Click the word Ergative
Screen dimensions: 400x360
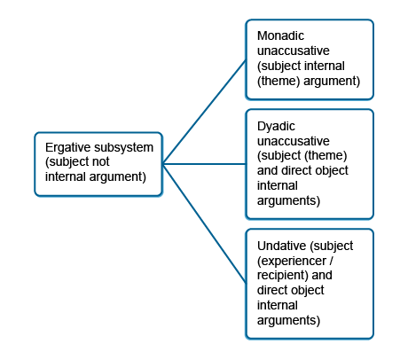[x=66, y=147]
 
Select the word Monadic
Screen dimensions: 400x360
[x=280, y=35]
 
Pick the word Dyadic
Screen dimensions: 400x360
[x=276, y=127]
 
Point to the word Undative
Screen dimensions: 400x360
[x=278, y=246]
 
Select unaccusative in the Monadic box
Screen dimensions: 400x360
[x=294, y=51]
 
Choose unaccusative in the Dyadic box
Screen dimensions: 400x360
[x=294, y=141]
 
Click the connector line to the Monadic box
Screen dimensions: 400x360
[x=204, y=112]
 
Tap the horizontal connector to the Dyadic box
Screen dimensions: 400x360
[x=204, y=164]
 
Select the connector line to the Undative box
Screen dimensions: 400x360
[x=204, y=223]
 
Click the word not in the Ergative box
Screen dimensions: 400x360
[x=101, y=161]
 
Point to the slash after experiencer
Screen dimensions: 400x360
[x=331, y=261]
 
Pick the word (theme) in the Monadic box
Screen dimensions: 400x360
[x=278, y=81]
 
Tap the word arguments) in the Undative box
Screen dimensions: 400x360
[x=288, y=321]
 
